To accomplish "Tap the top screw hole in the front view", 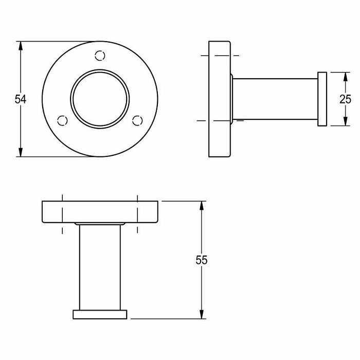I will (x=101, y=55).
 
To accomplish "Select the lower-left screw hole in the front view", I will (x=63, y=120).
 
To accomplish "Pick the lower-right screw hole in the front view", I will (x=137, y=120).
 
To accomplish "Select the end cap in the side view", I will (x=322, y=99).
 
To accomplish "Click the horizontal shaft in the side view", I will (x=275, y=99).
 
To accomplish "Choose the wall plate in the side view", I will (x=220, y=99).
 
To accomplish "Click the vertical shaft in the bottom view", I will (x=100, y=267).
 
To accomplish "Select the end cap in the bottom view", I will (x=100, y=314).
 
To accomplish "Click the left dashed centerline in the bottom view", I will (x=62, y=213).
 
